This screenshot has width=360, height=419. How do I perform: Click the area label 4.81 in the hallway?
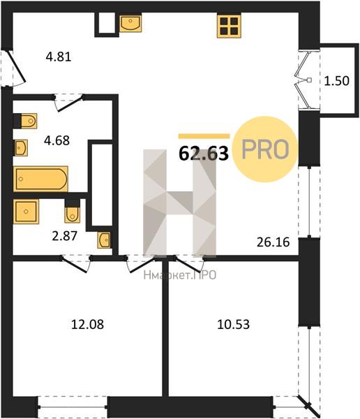59,57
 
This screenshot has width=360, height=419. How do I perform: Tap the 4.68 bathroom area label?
57,140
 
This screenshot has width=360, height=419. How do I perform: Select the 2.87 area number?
65,236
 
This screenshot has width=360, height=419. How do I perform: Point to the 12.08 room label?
88,325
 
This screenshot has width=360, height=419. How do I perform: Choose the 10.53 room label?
234,325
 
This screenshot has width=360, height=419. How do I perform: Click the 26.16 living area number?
273,242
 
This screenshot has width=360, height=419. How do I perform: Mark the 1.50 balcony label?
337,81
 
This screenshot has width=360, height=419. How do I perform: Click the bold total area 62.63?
204,154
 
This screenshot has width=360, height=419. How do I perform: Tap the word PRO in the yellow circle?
265,149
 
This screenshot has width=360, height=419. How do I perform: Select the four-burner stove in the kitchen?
229,26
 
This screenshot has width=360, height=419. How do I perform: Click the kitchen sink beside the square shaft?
130,23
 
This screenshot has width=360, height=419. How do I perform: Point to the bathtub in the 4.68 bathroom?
40,179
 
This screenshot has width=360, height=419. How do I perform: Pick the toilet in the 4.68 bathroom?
25,121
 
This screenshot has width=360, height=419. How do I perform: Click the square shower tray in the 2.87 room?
26,212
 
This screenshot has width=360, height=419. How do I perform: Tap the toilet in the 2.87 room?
72,211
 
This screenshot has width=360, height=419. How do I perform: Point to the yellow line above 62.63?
204,136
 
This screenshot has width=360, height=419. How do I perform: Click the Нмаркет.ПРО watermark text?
180,275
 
